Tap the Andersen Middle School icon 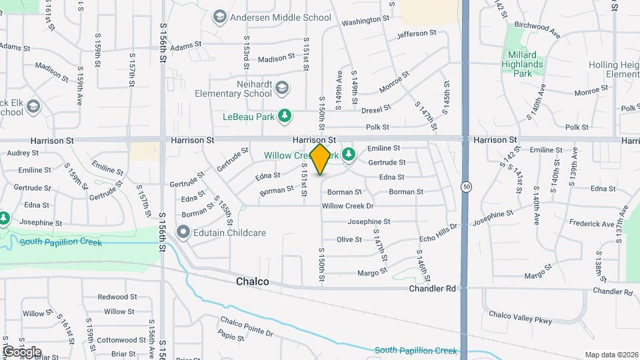[x=219, y=16]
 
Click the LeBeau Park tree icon [x=285, y=117]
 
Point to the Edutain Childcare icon [x=183, y=232]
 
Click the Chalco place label [x=253, y=282]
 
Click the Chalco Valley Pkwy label [x=521, y=317]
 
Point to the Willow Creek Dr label [x=347, y=206]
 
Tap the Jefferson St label [x=416, y=33]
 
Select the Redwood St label [x=117, y=297]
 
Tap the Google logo [x=21, y=352]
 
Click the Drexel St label [x=376, y=109]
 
